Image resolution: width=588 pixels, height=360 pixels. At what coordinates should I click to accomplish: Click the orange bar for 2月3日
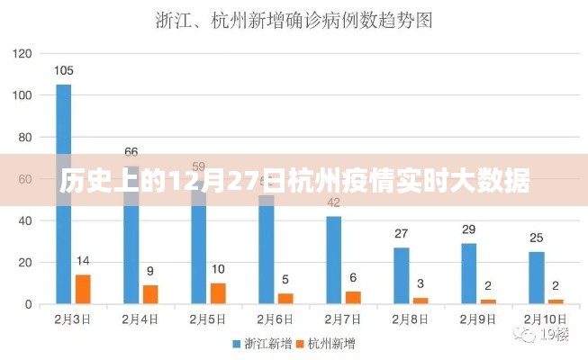(x=83, y=289)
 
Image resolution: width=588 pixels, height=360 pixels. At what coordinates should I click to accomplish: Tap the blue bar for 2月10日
(x=537, y=277)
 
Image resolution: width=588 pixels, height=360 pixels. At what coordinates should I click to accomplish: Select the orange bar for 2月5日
(x=218, y=293)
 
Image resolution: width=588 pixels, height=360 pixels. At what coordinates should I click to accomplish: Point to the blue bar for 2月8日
(x=401, y=275)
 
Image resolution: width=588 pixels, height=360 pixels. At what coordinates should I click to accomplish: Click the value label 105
(x=63, y=70)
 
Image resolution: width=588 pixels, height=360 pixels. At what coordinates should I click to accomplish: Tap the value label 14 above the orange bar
(x=83, y=261)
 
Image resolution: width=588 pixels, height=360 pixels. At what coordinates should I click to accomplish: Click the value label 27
(x=401, y=234)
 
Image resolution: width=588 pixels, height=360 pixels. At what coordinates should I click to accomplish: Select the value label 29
(x=468, y=229)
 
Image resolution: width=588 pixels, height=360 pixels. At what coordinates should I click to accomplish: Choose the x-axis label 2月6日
(x=276, y=319)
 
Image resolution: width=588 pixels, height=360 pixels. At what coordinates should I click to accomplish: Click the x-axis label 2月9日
(x=478, y=319)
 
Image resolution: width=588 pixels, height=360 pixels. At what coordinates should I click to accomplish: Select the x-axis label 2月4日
(x=140, y=319)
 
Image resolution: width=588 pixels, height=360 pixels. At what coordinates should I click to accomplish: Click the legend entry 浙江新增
(x=266, y=343)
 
